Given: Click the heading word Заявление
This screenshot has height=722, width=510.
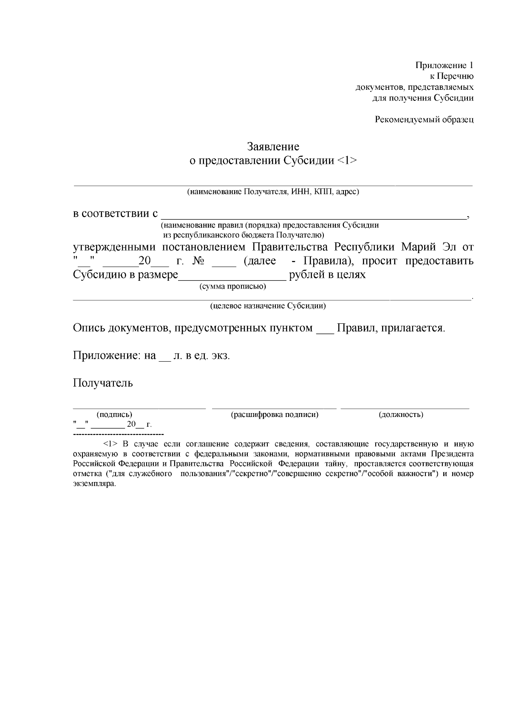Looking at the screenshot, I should [x=273, y=147].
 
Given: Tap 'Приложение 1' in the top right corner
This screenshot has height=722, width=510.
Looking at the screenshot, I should [x=444, y=66].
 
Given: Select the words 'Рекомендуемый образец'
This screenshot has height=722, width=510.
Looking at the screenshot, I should [x=424, y=120].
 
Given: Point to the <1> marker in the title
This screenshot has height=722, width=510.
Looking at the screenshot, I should [x=347, y=161].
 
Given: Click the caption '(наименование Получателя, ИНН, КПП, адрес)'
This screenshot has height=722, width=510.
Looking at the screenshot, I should [x=273, y=192].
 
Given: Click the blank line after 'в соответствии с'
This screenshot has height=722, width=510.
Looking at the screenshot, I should [x=314, y=215].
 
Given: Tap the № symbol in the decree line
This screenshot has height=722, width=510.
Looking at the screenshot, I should [x=198, y=261].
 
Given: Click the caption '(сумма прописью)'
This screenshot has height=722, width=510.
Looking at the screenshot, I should [x=233, y=287].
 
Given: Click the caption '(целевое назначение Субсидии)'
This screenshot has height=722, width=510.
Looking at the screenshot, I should [x=268, y=306].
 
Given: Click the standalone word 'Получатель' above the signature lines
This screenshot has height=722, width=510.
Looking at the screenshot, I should [x=103, y=383].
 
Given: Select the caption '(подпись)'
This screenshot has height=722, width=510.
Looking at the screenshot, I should [x=114, y=414].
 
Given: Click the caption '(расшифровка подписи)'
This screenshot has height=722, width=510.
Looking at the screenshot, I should [x=275, y=414].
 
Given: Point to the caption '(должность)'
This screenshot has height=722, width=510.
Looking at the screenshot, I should [x=401, y=414].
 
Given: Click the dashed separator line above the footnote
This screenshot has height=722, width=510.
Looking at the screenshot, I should [x=119, y=434].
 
